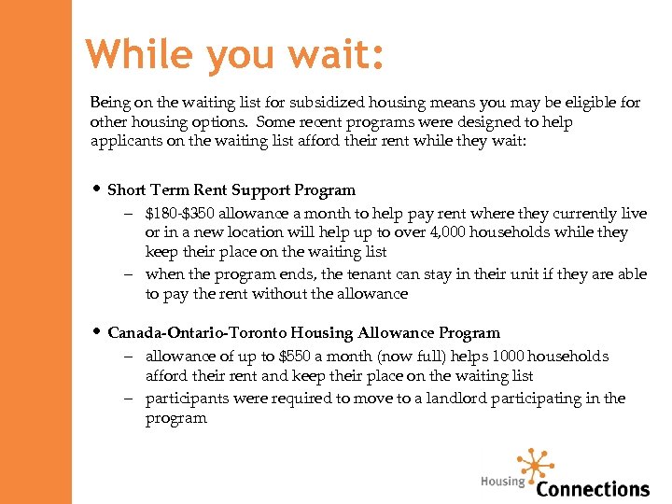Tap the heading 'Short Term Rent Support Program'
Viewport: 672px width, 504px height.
coord(231,189)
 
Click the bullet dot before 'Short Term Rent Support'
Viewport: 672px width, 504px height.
coord(97,189)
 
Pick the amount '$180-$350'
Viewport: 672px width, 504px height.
coord(177,214)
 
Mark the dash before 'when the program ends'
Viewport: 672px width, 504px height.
coord(132,274)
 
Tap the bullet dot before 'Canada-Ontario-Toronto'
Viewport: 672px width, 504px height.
coord(97,332)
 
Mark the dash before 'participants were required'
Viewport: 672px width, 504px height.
coord(132,399)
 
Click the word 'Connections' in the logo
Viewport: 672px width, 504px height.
coord(593,488)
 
